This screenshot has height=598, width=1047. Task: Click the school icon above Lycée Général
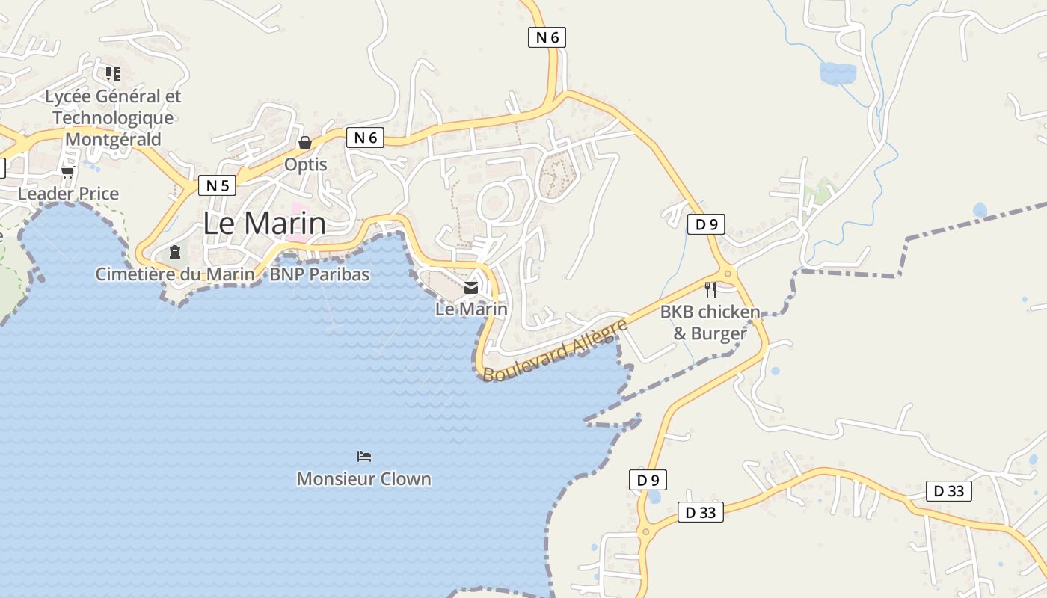[x=113, y=73]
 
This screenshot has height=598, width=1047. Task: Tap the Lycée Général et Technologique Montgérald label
[x=113, y=118]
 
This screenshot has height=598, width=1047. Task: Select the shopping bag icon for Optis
[x=305, y=142]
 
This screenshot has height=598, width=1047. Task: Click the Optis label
[x=305, y=164]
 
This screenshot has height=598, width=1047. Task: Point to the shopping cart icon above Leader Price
[x=68, y=173]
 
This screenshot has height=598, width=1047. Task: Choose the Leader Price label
[x=68, y=194]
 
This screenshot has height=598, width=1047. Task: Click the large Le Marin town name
[x=265, y=224]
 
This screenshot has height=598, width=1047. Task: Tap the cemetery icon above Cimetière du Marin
[x=175, y=252]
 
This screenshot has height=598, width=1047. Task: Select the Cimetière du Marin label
[x=175, y=274]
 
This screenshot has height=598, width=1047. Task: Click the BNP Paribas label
[x=319, y=274]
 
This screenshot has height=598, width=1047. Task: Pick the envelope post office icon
[x=471, y=287]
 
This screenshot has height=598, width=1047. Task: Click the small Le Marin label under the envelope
[x=471, y=309]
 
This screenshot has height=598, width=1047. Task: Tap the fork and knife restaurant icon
[x=710, y=289]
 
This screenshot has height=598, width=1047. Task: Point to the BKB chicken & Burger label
[x=710, y=322]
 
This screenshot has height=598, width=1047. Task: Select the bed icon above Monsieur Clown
[x=364, y=456]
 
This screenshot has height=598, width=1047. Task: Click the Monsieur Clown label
[x=364, y=478]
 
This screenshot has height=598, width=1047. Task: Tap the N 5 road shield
[x=217, y=185]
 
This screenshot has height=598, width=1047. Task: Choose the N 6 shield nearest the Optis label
[x=365, y=138]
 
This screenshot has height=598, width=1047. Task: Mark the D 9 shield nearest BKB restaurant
[x=706, y=224]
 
